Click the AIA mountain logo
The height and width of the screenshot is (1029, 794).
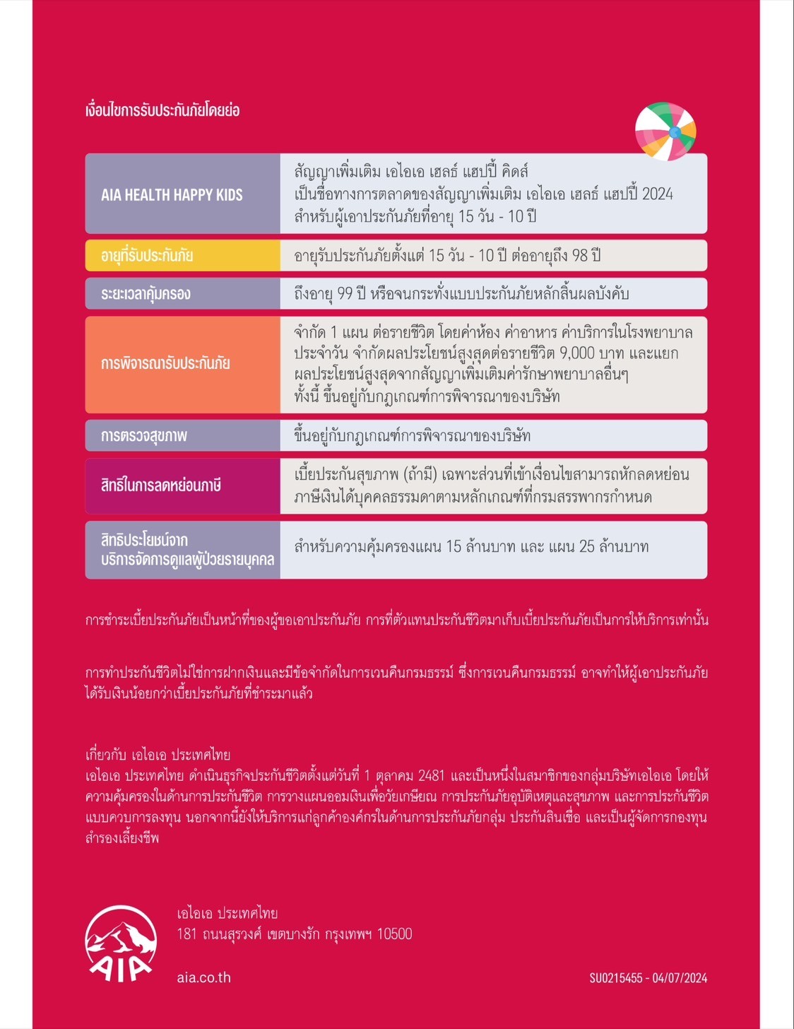pyautogui.click(x=121, y=943)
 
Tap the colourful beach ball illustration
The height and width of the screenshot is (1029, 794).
pyautogui.click(x=665, y=131)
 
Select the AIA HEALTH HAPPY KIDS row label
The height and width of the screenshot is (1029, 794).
pyautogui.click(x=172, y=195)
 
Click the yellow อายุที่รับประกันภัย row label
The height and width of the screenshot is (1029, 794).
pyautogui.click(x=147, y=256)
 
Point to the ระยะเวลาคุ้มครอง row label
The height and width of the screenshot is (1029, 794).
pyautogui.click(x=146, y=294)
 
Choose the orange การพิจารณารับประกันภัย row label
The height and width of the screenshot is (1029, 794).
pyautogui.click(x=165, y=364)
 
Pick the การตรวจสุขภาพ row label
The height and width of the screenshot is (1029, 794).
pyautogui.click(x=144, y=436)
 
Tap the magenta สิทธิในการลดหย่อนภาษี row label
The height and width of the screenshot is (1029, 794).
pyautogui.click(x=161, y=486)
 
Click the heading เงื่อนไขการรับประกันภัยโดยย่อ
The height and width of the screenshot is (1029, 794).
pyautogui.click(x=162, y=110)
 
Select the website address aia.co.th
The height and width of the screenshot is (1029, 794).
pyautogui.click(x=203, y=977)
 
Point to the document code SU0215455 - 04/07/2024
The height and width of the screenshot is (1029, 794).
pyautogui.click(x=648, y=978)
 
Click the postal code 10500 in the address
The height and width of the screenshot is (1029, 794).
pyautogui.click(x=394, y=934)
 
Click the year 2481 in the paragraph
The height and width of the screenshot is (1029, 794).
pyautogui.click(x=431, y=775)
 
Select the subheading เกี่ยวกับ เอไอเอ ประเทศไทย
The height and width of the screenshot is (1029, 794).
pyautogui.click(x=158, y=754)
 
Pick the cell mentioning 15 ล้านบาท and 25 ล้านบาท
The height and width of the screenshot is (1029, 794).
pyautogui.click(x=471, y=546)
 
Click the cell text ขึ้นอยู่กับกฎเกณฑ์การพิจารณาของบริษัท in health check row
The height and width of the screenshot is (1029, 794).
pyautogui.click(x=412, y=435)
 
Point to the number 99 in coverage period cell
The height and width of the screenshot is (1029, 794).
pyautogui.click(x=345, y=293)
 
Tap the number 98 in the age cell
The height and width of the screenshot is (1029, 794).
pyautogui.click(x=580, y=255)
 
